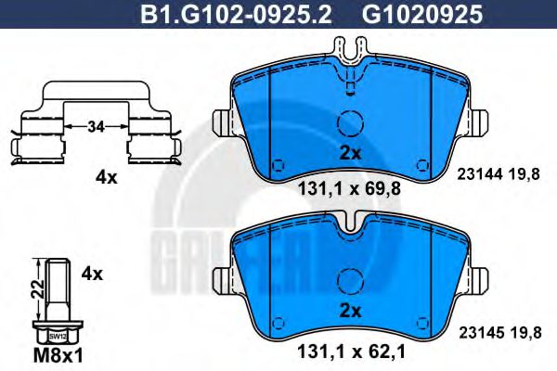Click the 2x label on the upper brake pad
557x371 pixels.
click(x=349, y=152)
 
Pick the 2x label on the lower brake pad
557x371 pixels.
click(x=349, y=311)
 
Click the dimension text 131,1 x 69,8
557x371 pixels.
click(x=349, y=185)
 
